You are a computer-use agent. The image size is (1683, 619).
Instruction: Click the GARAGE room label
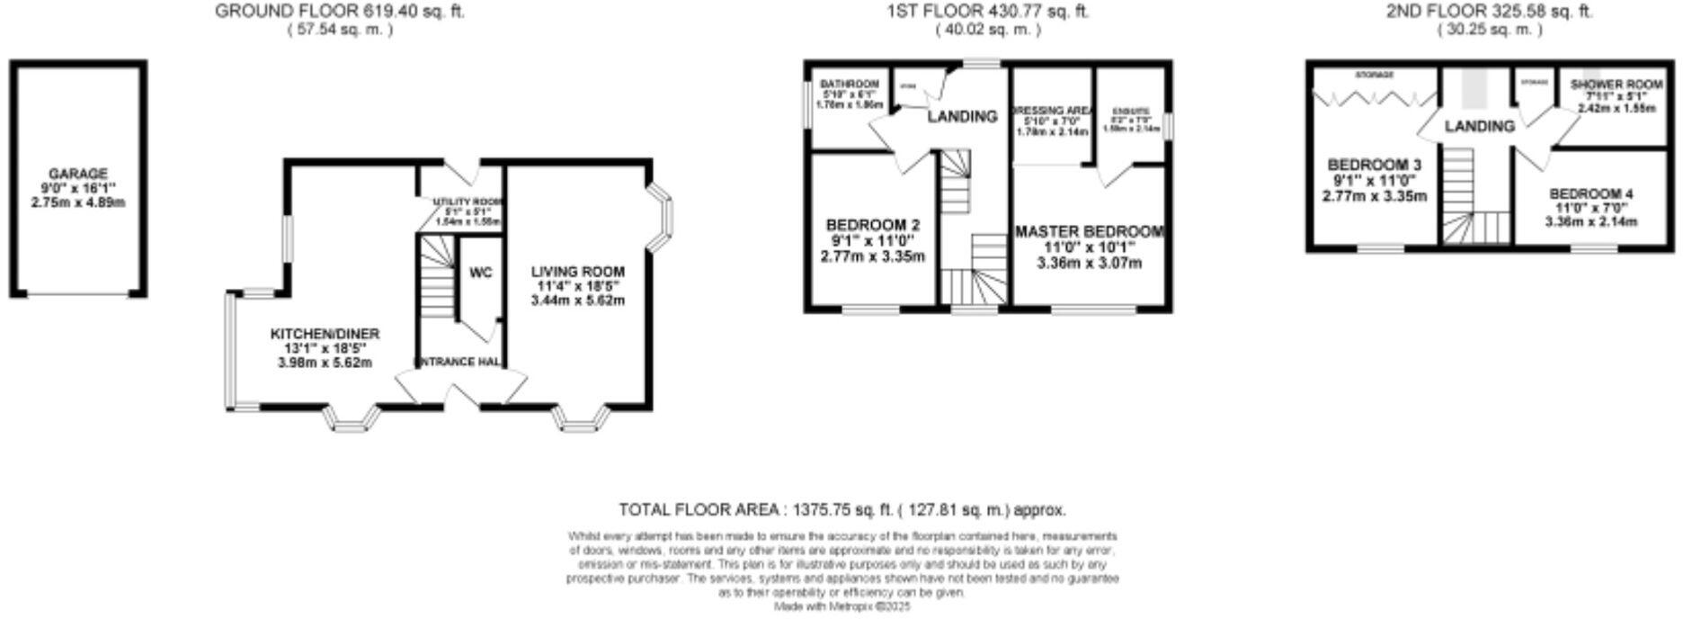[77, 174]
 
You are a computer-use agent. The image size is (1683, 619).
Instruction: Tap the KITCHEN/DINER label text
[325, 334]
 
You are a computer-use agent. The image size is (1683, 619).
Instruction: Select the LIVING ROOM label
[577, 272]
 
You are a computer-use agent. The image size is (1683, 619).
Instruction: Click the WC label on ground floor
[481, 274]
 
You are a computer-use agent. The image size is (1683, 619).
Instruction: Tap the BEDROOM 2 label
[872, 224]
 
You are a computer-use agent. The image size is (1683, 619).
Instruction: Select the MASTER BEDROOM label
[1089, 232]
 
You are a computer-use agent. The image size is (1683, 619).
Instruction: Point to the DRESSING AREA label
[1052, 111]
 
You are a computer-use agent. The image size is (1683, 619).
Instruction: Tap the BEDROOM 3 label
[1374, 166]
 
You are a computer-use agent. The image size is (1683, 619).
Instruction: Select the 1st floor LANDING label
[962, 116]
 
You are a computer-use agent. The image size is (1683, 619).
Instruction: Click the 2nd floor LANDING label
[1479, 127]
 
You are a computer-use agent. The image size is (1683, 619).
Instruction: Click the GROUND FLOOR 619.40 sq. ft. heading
[340, 12]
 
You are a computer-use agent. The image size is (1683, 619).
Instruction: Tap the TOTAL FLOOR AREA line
[842, 510]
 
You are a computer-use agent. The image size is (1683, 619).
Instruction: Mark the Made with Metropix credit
[842, 607]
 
